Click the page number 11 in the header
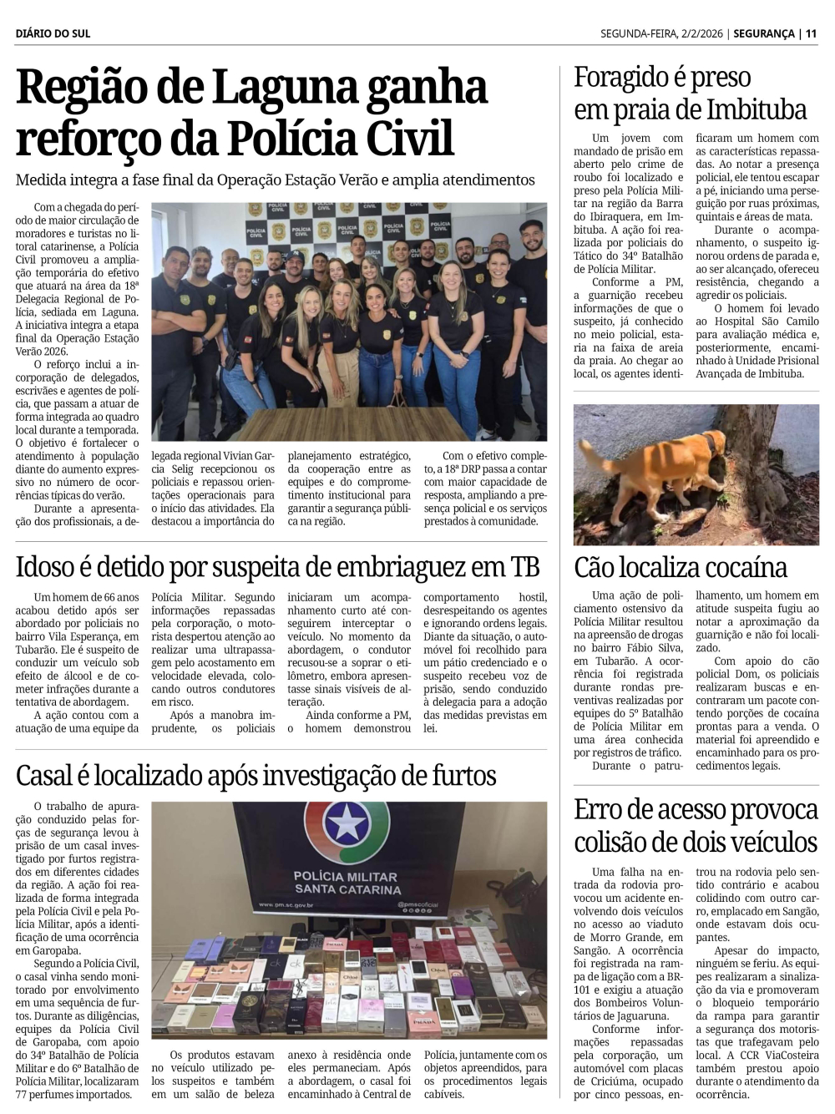(x=811, y=33)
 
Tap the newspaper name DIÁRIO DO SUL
(x=53, y=33)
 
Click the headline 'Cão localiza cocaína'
(x=681, y=568)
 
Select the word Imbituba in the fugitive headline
(x=757, y=110)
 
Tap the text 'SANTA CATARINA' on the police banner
(x=347, y=890)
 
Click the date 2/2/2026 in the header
(x=704, y=33)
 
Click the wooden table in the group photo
(x=351, y=422)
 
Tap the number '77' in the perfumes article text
(x=23, y=1095)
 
